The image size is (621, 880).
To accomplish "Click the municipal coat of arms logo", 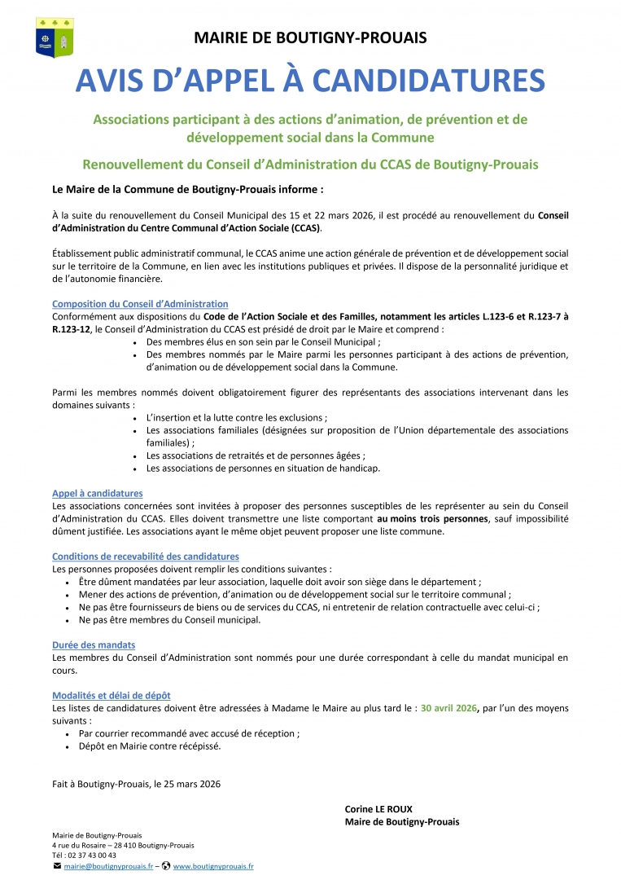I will point(55,37).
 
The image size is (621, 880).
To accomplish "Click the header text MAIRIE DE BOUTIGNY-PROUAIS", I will point(310,37).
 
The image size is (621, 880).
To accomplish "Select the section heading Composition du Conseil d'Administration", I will point(140,304).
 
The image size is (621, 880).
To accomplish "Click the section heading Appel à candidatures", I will point(98,493).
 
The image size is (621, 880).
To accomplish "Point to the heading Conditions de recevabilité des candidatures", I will point(146,557).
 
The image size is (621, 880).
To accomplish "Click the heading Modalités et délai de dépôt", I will point(112,695).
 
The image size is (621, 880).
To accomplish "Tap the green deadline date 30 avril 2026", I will point(448,708).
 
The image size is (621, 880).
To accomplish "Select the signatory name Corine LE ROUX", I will point(378,809).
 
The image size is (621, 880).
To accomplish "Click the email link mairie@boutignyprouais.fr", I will point(108,867).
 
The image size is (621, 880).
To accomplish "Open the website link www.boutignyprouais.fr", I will point(213,867).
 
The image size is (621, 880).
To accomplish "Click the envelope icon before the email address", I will point(57,866).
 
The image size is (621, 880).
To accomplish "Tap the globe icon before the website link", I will point(166,866).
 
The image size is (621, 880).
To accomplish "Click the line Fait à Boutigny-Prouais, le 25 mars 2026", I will point(136,784).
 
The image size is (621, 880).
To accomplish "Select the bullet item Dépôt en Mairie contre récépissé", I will point(150,746).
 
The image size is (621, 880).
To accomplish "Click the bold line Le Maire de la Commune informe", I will point(188,189).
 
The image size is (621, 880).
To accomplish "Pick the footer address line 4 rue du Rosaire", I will point(123,845).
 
